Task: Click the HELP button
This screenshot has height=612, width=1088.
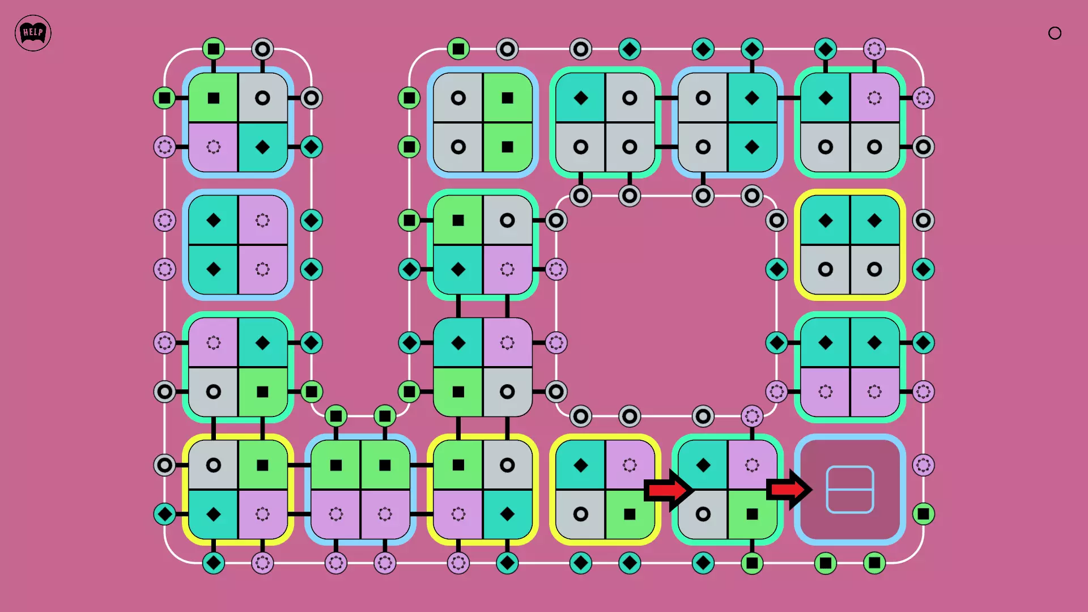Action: coord(33,33)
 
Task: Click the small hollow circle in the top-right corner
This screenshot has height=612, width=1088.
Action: coord(1055,33)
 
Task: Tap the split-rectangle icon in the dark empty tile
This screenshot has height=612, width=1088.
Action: coord(849,490)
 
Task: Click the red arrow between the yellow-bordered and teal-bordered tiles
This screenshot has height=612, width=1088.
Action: coord(668,490)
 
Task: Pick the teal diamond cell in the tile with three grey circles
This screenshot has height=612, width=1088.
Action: coord(581,98)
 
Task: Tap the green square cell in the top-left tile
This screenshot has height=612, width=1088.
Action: coord(214,98)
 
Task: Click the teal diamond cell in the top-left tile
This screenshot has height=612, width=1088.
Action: coord(262,147)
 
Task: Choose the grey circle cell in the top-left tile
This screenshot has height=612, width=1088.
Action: coord(262,98)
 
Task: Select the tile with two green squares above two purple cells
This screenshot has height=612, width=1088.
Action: coord(360,490)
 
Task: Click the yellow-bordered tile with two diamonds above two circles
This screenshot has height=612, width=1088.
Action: coord(849,245)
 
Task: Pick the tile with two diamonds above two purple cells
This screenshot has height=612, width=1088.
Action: coord(849,367)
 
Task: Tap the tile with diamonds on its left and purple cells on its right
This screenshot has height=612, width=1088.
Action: coord(238,245)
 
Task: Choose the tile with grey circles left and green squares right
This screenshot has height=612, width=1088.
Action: coord(483,122)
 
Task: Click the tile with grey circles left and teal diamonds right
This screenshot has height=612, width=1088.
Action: coord(728,122)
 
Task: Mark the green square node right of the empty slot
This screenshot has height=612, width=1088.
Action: coord(923,514)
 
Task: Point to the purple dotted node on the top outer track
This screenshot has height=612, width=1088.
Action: coord(874,49)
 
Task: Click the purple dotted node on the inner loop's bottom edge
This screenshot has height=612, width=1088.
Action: coord(752,416)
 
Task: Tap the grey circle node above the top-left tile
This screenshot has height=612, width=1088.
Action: coord(262,49)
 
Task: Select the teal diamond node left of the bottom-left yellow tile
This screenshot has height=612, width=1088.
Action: coord(165,514)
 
